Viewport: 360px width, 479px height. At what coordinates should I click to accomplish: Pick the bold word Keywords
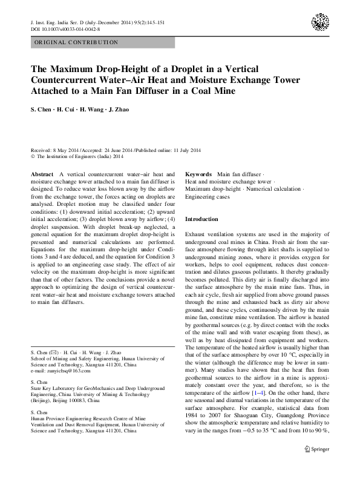[200, 174]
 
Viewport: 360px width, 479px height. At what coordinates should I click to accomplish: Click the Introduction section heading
[201, 219]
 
